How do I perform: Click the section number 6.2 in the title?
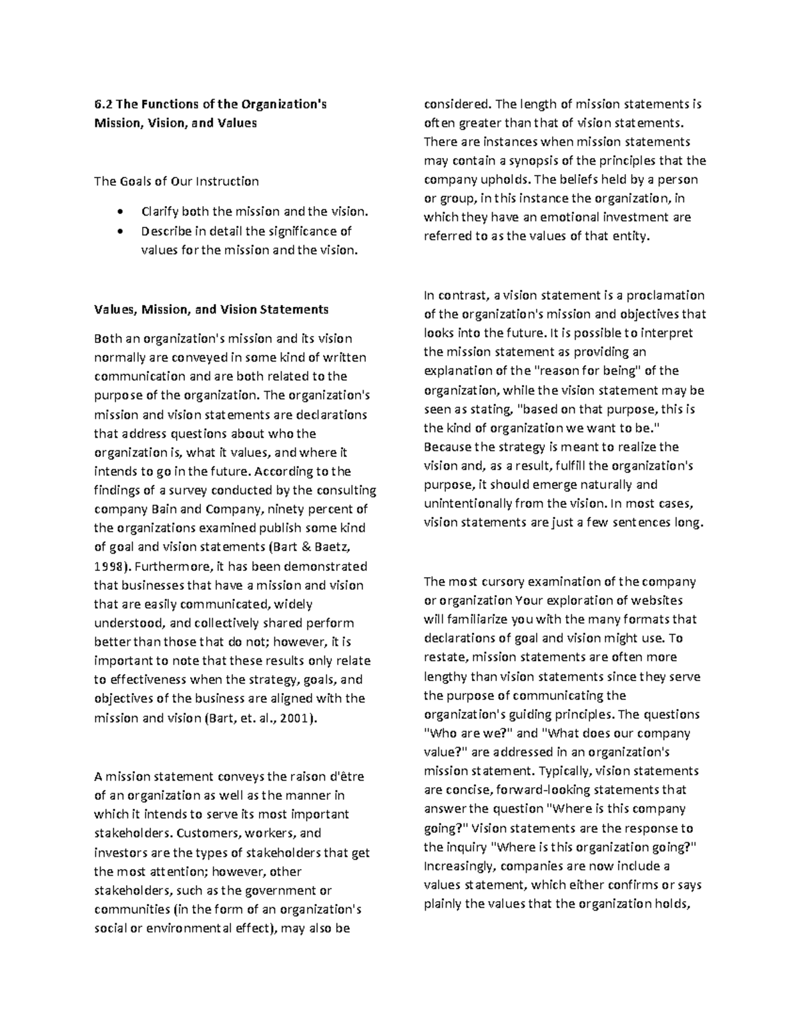102,104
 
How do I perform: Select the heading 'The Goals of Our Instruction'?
176,181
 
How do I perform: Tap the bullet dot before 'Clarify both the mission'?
119,212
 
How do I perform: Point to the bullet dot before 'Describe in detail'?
119,231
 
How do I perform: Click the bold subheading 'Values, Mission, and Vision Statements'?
211,309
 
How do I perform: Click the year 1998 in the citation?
108,566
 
